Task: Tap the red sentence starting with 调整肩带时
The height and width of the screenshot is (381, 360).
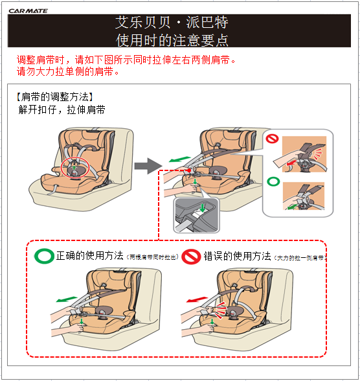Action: [x=125, y=60]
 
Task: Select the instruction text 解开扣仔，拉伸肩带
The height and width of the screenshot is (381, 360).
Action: [x=63, y=110]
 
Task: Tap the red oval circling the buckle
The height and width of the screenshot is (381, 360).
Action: [x=75, y=167]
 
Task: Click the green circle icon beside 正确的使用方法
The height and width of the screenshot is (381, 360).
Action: [x=43, y=256]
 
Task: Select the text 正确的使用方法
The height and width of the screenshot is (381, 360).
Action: [x=90, y=256]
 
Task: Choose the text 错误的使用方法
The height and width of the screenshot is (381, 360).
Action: [x=237, y=256]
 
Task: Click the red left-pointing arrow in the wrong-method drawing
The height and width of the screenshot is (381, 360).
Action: [x=194, y=301]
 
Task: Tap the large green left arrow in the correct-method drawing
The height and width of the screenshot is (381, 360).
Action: [x=65, y=300]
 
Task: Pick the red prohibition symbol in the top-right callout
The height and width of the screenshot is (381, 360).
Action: [x=273, y=139]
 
